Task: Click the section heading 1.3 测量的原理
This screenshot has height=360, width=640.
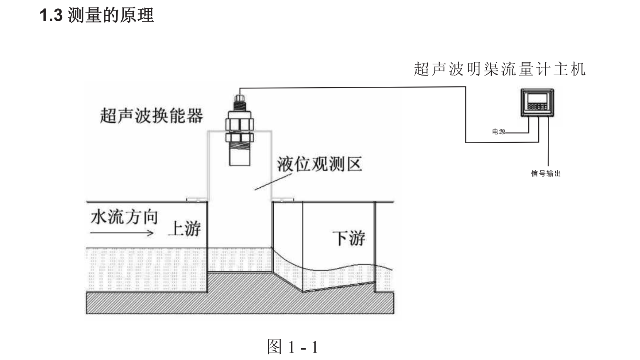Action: point(96,16)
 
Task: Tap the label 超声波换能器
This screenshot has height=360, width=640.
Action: point(152,115)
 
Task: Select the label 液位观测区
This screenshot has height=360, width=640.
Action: point(319,164)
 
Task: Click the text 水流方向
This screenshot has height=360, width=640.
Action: point(124,217)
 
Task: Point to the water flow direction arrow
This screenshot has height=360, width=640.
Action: point(122,233)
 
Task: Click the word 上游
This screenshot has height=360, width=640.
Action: point(184,228)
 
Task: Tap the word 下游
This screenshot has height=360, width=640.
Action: point(348,238)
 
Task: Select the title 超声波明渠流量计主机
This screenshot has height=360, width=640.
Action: point(499,69)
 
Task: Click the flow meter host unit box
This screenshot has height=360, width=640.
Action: point(537,103)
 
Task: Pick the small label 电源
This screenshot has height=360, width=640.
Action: point(498,132)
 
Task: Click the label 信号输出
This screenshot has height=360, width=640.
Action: point(546,174)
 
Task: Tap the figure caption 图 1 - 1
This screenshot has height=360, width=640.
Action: point(292,346)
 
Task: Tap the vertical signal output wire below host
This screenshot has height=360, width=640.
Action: point(548,141)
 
